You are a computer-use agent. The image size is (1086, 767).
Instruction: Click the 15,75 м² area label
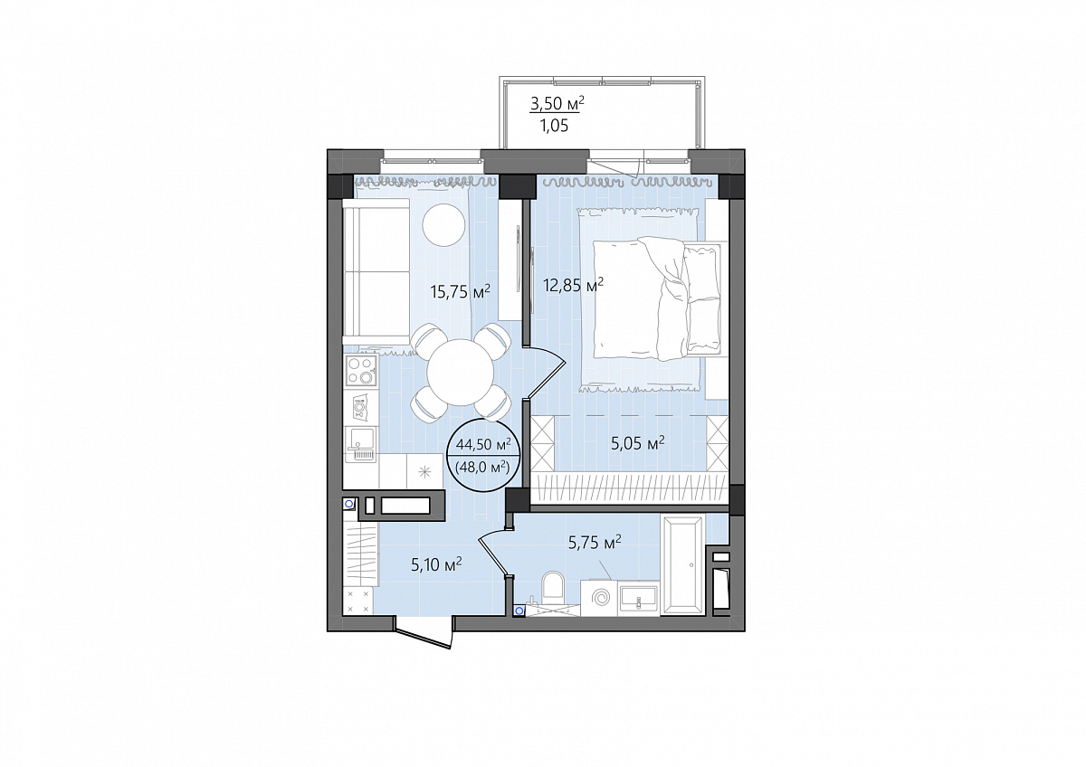[460, 291]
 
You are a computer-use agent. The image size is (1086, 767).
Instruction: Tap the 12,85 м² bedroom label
[573, 286]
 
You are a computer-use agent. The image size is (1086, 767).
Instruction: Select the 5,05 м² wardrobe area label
[637, 443]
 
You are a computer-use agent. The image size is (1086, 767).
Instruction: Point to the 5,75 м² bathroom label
[595, 544]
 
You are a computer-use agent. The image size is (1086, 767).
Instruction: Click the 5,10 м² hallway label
[436, 564]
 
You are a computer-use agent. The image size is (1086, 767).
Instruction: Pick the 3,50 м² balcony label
[557, 103]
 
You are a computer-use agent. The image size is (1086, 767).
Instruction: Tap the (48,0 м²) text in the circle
[481, 468]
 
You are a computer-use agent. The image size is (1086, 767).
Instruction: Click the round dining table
[460, 372]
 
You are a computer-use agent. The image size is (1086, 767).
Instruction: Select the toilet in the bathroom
[553, 591]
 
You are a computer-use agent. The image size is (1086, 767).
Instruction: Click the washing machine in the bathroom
[599, 599]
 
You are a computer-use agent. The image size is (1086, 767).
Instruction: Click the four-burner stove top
[361, 371]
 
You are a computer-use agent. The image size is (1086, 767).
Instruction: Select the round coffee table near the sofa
[443, 225]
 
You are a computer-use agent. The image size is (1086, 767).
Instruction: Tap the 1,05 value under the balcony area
[554, 126]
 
